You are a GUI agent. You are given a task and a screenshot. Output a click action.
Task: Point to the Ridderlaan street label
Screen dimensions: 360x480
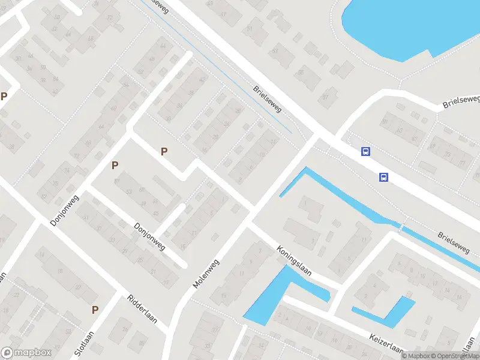click(x=142, y=309)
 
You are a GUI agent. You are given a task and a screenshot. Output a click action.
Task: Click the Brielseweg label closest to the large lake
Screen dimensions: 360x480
click(x=461, y=101)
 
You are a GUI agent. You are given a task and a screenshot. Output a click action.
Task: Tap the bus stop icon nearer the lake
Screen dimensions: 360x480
click(x=365, y=151)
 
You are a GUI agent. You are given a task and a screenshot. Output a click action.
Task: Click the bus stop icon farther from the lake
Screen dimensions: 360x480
click(x=383, y=177)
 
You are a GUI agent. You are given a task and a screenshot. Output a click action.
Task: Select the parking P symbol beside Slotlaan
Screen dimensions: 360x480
click(x=95, y=310)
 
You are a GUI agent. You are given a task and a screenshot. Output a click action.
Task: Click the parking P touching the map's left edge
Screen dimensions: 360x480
click(x=4, y=96)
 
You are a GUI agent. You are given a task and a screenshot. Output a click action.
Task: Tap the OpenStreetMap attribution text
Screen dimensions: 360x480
click(x=454, y=356)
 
